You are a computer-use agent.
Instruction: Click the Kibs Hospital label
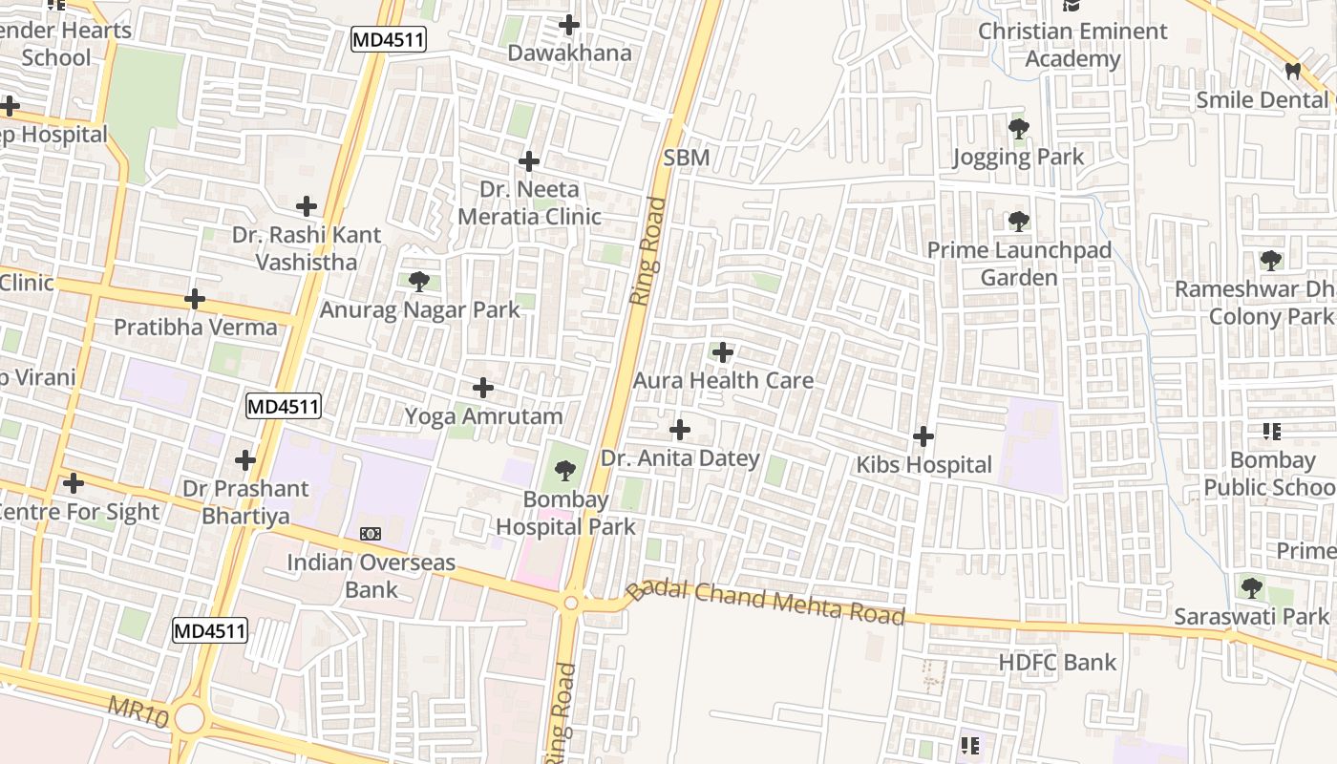[x=923, y=465]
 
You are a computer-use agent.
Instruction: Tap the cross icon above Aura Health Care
[x=723, y=352]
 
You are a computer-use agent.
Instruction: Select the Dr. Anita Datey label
[x=680, y=458]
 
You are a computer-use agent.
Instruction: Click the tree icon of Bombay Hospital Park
[x=565, y=470]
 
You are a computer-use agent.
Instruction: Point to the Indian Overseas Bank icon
[x=370, y=533]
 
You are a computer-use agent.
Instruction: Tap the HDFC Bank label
[x=1057, y=662]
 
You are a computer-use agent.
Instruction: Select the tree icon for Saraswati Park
[x=1251, y=586]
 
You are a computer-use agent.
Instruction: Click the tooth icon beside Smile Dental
[x=1293, y=71]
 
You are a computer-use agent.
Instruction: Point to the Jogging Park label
[x=1018, y=157]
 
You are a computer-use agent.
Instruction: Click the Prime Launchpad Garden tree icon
[x=1018, y=222]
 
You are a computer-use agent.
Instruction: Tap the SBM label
[x=686, y=157]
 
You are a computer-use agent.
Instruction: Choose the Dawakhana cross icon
[x=569, y=25]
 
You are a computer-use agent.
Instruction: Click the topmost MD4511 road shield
[x=388, y=40]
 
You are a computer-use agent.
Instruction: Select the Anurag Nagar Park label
[x=419, y=309]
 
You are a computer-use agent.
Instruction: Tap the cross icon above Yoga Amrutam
[x=483, y=388]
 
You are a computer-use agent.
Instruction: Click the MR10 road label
[x=138, y=711]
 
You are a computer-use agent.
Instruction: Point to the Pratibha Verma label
[x=195, y=327]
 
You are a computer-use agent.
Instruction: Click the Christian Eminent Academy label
[x=1072, y=45]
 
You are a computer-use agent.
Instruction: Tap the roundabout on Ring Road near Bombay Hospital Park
[x=571, y=603]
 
